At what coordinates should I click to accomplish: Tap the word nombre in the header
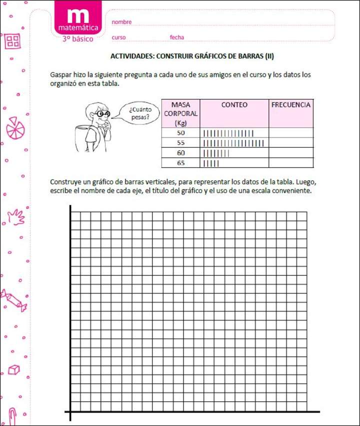pyautogui.click(x=121, y=22)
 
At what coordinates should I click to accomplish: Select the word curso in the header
pyautogui.click(x=118, y=37)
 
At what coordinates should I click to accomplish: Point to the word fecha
pyautogui.click(x=177, y=37)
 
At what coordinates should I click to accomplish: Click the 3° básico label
pyautogui.click(x=77, y=38)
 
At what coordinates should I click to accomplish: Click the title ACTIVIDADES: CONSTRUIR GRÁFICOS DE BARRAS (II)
pyautogui.click(x=192, y=56)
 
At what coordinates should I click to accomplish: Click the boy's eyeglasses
pyautogui.click(x=103, y=114)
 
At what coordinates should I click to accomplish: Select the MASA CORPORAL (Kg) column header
pyautogui.click(x=180, y=113)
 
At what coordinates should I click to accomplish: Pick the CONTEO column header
pyautogui.click(x=234, y=105)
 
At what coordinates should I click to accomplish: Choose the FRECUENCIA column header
pyautogui.click(x=291, y=105)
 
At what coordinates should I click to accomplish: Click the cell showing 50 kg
pyautogui.click(x=180, y=133)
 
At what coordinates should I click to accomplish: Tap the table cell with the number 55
pyautogui.click(x=180, y=143)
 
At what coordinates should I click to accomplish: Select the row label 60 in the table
pyautogui.click(x=180, y=153)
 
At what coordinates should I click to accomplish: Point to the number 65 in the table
pyautogui.click(x=180, y=163)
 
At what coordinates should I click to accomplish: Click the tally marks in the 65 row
pyautogui.click(x=211, y=163)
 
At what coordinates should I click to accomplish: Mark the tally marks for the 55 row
pyautogui.click(x=233, y=143)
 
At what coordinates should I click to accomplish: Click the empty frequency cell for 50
pyautogui.click(x=291, y=133)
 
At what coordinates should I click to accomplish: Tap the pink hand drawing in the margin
pyautogui.click(x=16, y=216)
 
